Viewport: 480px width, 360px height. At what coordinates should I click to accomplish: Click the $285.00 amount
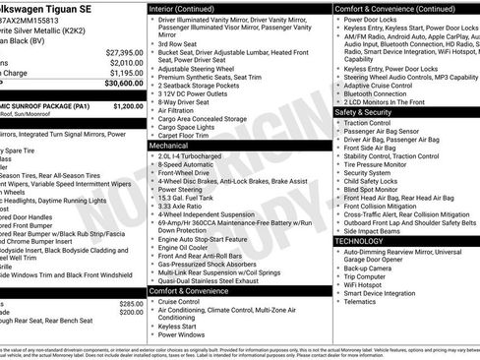(131, 304)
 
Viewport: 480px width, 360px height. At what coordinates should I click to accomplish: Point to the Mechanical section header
(170, 144)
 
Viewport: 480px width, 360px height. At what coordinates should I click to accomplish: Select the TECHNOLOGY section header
(359, 240)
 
